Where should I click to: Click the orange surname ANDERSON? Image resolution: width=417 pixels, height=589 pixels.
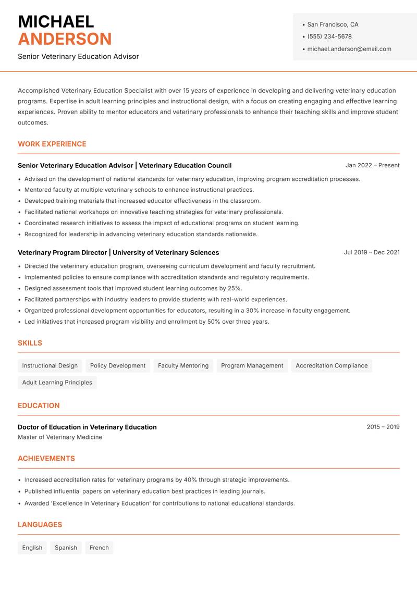pyautogui.click(x=65, y=39)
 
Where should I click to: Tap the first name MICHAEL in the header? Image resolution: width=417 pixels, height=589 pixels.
pyautogui.click(x=56, y=22)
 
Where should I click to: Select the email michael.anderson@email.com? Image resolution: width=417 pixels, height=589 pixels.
pyautogui.click(x=349, y=49)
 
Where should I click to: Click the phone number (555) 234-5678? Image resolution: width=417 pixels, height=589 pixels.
pyautogui.click(x=329, y=36)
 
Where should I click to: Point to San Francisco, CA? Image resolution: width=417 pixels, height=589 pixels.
pyautogui.click(x=333, y=24)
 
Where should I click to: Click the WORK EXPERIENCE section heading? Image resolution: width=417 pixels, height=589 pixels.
pyautogui.click(x=52, y=144)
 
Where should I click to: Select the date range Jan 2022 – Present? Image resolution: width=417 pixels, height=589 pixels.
pyautogui.click(x=372, y=165)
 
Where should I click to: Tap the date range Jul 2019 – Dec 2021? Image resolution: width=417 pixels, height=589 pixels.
pyautogui.click(x=371, y=252)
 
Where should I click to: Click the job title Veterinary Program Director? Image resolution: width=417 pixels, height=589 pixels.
pyautogui.click(x=63, y=252)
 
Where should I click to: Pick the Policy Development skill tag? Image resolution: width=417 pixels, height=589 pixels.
pyautogui.click(x=118, y=366)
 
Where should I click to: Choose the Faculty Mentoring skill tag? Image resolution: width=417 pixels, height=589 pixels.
pyautogui.click(x=183, y=366)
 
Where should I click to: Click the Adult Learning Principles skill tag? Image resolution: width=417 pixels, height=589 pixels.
pyautogui.click(x=57, y=383)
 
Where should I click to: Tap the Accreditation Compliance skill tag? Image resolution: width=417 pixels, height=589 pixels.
pyautogui.click(x=332, y=366)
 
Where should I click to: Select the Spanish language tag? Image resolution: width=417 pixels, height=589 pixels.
pyautogui.click(x=66, y=548)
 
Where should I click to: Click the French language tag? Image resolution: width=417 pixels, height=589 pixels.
pyautogui.click(x=99, y=548)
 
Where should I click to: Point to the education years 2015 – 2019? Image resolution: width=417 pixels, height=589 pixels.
pyautogui.click(x=383, y=427)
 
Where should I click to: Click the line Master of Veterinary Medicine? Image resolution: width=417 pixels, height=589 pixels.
pyautogui.click(x=60, y=437)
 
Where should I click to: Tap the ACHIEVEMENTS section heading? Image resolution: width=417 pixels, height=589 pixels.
pyautogui.click(x=46, y=459)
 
